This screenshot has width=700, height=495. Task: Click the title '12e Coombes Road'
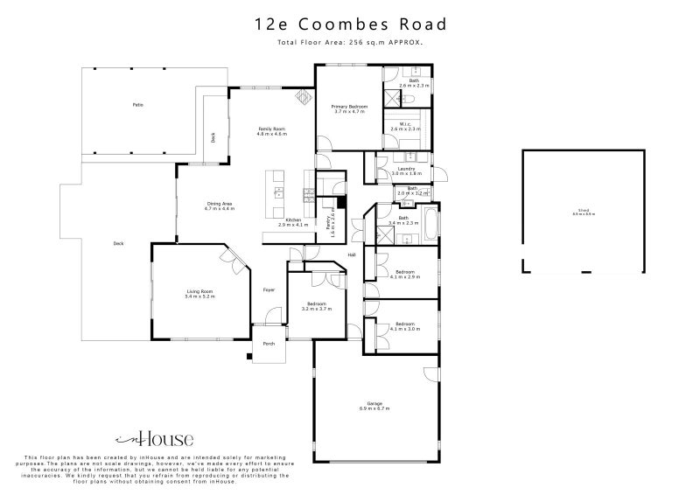[x=350, y=26]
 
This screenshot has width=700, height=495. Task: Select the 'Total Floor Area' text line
[x=350, y=42]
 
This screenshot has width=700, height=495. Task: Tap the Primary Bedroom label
[x=349, y=109]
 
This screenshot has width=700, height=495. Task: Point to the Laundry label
[x=405, y=171]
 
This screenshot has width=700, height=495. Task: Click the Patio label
[x=137, y=105]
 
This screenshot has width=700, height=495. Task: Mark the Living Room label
[x=199, y=295]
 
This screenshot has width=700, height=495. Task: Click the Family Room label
[x=271, y=131]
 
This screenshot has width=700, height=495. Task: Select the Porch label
[x=269, y=344]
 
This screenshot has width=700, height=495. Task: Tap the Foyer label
[x=269, y=289]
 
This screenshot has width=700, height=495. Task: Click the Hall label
[x=352, y=254]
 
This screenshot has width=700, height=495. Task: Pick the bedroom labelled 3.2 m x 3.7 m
[x=316, y=307]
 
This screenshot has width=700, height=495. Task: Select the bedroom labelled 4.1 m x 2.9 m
[x=405, y=275]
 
